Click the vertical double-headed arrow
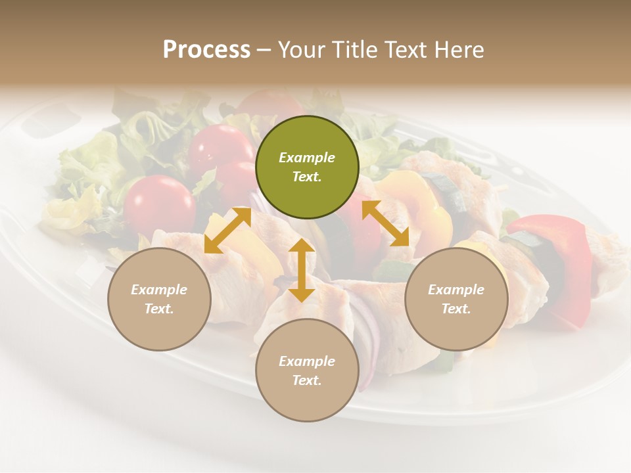tap(302, 270)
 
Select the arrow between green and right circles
tap(385, 224)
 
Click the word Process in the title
tap(206, 49)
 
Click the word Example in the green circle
tap(307, 158)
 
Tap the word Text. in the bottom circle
tap(307, 380)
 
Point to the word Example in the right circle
tap(456, 290)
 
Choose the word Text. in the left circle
tap(159, 309)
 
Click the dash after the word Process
tap(264, 50)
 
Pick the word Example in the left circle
tap(159, 290)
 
